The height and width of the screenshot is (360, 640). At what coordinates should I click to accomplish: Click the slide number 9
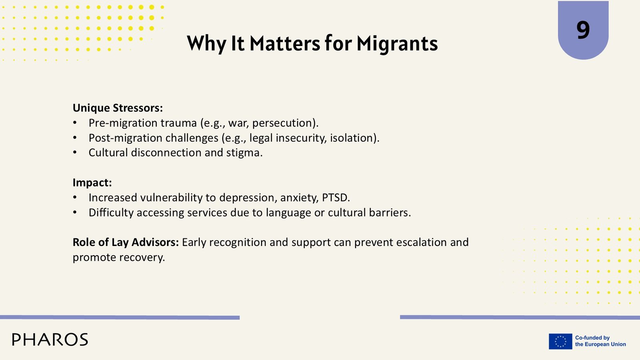coord(583,30)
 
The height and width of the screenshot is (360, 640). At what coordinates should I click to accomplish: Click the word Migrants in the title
coord(397,44)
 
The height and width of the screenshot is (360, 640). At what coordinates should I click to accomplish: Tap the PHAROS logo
coord(50,340)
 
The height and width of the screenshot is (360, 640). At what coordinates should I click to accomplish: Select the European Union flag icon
coord(560,341)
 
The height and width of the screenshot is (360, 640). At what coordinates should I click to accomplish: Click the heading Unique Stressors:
coord(118,108)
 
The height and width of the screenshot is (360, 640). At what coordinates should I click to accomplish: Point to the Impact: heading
coord(92,182)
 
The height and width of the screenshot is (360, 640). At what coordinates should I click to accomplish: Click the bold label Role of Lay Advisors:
coord(126,242)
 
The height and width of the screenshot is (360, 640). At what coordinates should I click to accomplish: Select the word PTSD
coord(336,198)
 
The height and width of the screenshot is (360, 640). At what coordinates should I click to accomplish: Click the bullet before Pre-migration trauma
coord(75,123)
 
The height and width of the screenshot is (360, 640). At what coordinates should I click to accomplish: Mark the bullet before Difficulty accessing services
coord(75,212)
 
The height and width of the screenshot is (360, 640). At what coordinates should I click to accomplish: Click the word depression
coord(248,198)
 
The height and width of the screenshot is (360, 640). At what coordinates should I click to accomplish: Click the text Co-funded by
coord(592,338)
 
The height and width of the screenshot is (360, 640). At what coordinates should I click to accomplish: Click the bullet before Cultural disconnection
coord(75,153)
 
